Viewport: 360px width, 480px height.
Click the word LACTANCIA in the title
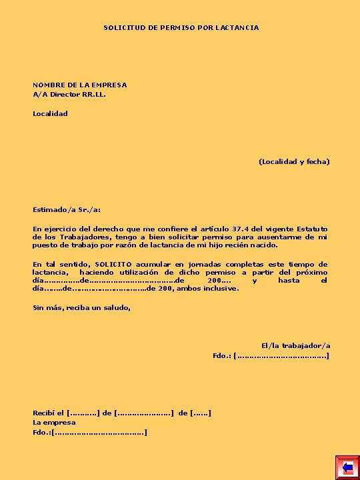(x=237, y=27)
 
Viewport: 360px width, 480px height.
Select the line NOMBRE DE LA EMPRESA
(x=79, y=85)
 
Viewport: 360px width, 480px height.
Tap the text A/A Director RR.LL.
(x=69, y=94)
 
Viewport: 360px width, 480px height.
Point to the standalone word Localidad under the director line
(x=50, y=113)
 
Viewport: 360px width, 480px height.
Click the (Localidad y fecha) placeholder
(x=294, y=161)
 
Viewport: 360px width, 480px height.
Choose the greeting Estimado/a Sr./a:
(x=67, y=209)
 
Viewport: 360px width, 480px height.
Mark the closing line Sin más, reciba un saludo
(x=81, y=307)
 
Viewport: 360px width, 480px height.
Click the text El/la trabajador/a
(x=295, y=345)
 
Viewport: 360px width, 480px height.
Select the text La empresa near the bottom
(x=54, y=423)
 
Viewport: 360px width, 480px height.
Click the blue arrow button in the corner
(x=347, y=467)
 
